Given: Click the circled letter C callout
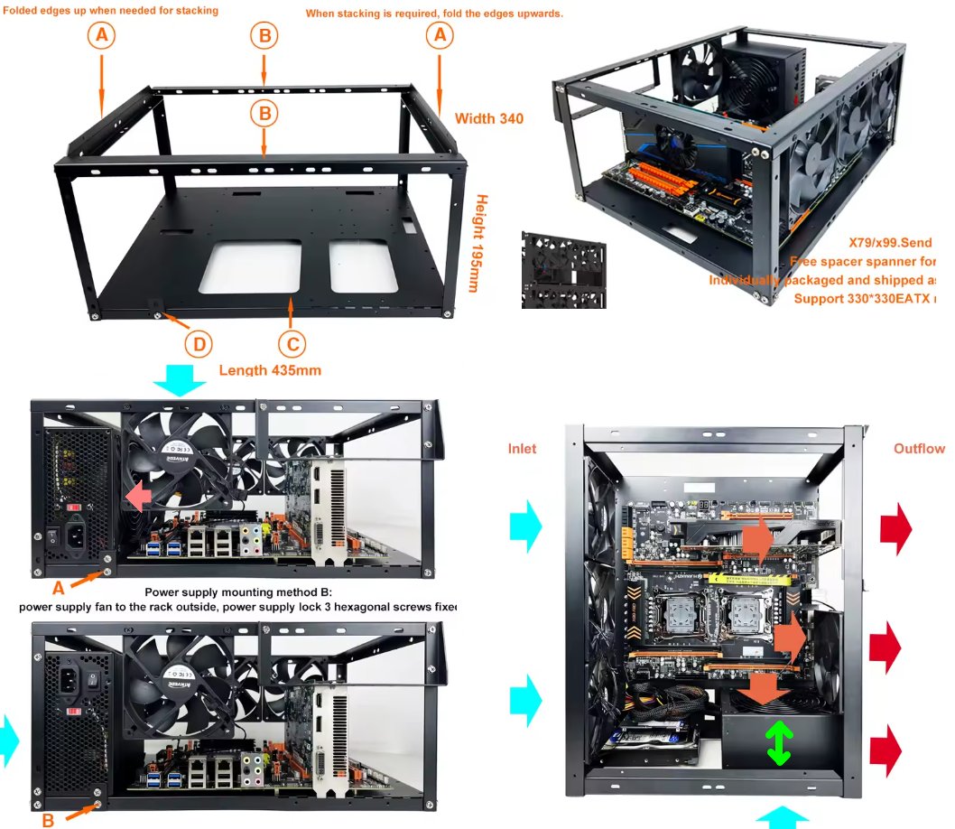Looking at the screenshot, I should [291, 344].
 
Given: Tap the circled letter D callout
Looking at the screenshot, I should [199, 344].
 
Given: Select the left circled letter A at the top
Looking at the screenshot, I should [102, 35].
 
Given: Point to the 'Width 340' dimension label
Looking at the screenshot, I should [488, 118].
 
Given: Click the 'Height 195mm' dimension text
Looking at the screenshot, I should [481, 244].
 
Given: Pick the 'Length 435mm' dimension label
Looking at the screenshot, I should [270, 369].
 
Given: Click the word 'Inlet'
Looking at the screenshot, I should [522, 449].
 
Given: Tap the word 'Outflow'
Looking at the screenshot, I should [919, 449].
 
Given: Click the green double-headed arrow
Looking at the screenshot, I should [779, 743].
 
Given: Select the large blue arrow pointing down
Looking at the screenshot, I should [180, 381].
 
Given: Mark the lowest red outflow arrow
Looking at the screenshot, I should [886, 749].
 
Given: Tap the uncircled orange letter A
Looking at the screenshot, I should [58, 587].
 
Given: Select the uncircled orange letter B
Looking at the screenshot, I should [48, 821].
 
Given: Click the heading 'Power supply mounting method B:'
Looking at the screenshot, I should [239, 591].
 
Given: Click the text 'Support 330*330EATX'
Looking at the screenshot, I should [863, 297].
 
